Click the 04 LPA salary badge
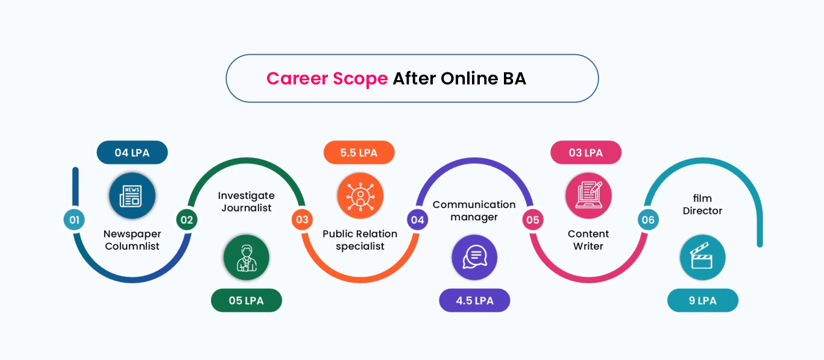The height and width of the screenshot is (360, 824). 132,153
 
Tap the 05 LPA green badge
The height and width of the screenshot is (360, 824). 247,300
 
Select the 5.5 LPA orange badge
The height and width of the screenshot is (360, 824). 359,153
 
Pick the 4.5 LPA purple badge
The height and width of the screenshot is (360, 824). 474,300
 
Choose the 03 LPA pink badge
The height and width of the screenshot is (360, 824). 586,153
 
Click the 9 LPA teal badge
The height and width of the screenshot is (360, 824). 703,300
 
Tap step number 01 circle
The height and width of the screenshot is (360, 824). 74,219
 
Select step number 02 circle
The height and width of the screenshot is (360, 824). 187,219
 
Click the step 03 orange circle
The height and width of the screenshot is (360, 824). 302,219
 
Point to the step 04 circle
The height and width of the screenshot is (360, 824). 418,219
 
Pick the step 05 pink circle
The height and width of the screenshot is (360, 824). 533,219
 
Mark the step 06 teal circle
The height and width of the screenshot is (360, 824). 648,219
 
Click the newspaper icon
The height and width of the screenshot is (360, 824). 132,196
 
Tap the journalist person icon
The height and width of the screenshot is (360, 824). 247,257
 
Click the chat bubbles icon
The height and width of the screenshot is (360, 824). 474,257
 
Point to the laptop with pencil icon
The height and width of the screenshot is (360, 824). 588,196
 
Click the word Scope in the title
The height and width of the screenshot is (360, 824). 360,79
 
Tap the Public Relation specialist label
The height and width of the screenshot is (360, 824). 360,240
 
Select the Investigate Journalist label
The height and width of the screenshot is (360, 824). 246,202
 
